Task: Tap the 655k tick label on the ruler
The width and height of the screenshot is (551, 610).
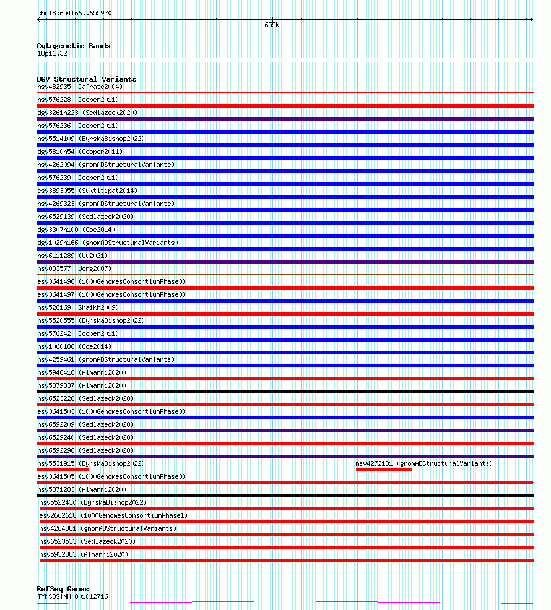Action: point(272,25)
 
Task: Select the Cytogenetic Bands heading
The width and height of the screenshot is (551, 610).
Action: point(73,46)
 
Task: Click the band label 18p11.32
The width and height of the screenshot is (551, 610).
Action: point(52,53)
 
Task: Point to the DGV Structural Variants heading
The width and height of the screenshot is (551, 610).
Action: point(86,79)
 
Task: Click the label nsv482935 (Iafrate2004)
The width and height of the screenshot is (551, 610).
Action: point(80,87)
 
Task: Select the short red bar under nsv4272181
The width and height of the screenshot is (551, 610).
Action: point(384,470)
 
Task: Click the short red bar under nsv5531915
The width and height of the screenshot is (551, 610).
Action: point(63,470)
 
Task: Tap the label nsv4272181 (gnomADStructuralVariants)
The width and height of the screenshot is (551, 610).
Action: point(423,463)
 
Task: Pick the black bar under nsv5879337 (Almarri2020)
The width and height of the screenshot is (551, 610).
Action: point(285,392)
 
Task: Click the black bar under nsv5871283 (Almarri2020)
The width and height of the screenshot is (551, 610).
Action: point(285,496)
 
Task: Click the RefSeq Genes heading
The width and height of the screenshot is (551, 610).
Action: point(63,589)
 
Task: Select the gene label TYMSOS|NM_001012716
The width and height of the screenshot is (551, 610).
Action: point(72,596)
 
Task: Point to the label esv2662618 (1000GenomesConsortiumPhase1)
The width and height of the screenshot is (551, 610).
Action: point(113,515)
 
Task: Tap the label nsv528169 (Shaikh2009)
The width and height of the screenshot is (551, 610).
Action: point(78,307)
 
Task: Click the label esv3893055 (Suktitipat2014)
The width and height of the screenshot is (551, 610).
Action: point(87,191)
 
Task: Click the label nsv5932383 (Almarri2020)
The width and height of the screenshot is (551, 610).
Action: point(84,554)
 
